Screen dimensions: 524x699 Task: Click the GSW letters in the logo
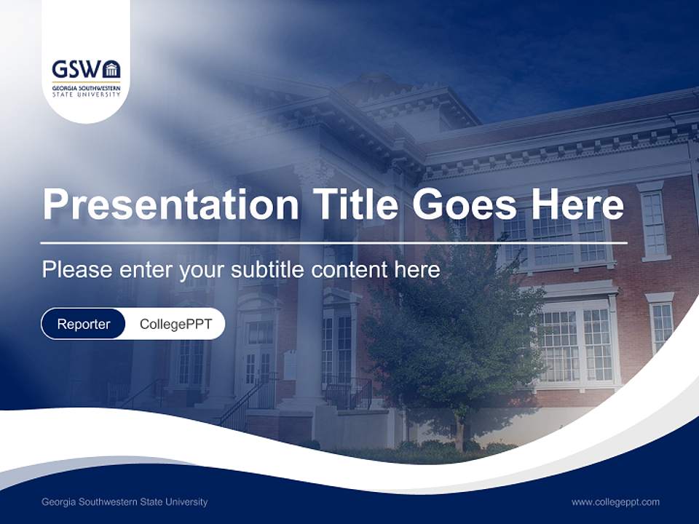pos(76,70)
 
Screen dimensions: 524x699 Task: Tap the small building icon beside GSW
pos(111,70)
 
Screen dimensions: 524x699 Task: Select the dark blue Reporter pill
pos(84,324)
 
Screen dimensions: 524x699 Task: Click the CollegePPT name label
pos(175,324)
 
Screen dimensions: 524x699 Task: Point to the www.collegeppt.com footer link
pos(615,501)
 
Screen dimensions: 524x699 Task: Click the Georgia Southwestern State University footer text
pos(125,501)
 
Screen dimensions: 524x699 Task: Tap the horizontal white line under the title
pos(333,242)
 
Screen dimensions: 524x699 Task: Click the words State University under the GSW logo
pos(86,94)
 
